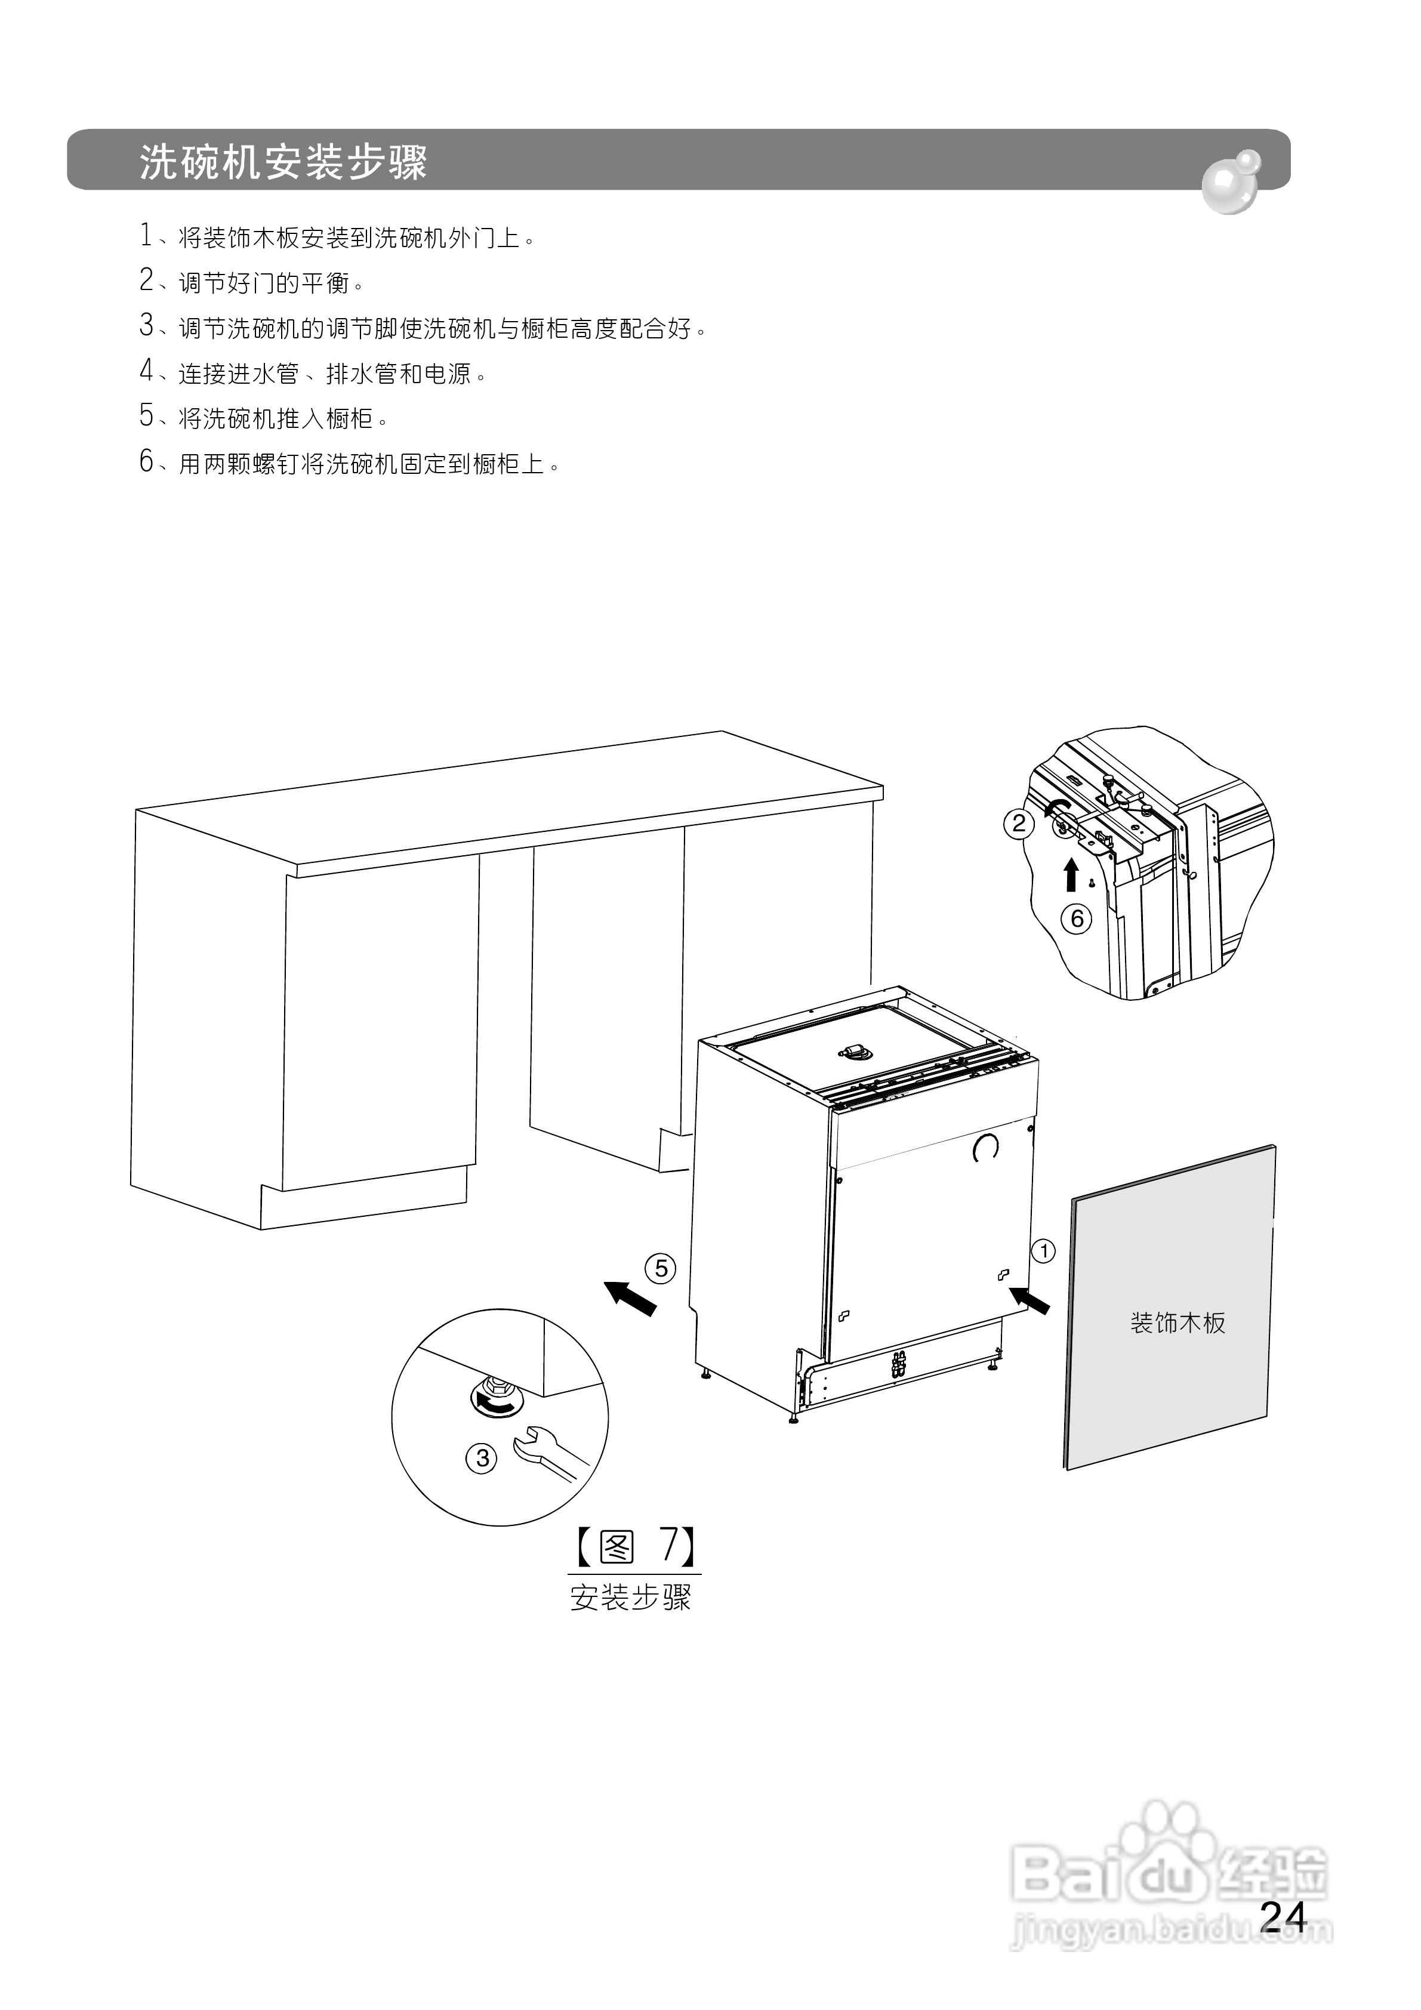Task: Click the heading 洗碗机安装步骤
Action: click(x=283, y=162)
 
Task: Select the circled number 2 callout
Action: click(x=1018, y=824)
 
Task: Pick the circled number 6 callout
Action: click(x=1077, y=919)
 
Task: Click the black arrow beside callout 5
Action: click(x=630, y=1296)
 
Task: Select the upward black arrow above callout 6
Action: click(x=1070, y=874)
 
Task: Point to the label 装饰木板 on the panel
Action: click(x=1178, y=1322)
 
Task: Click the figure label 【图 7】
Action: click(x=635, y=1547)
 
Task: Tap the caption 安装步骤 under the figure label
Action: click(x=630, y=1598)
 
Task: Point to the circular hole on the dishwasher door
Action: click(x=986, y=1147)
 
